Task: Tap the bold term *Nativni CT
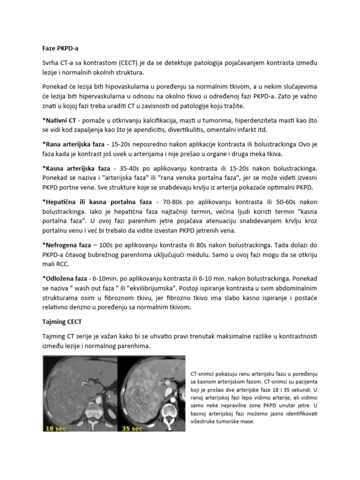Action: coord(59,121)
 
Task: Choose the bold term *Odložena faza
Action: coord(64,278)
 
